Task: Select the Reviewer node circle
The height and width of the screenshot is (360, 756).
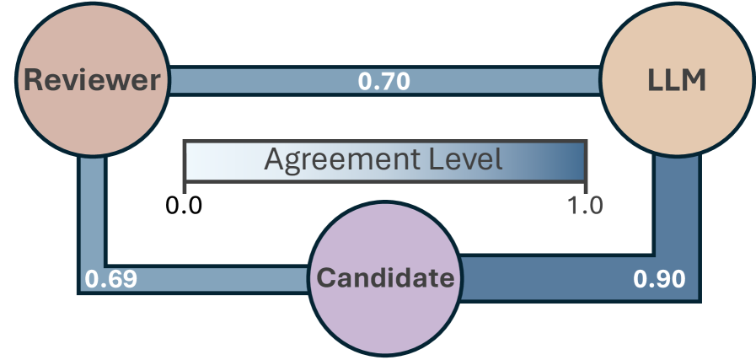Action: [92, 80]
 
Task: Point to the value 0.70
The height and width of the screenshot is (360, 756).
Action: [384, 82]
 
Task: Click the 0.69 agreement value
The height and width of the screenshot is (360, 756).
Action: [110, 278]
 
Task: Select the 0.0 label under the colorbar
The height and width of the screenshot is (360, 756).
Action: [183, 205]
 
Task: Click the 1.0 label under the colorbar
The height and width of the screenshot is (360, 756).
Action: [585, 205]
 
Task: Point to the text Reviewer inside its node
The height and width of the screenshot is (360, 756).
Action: [92, 80]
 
